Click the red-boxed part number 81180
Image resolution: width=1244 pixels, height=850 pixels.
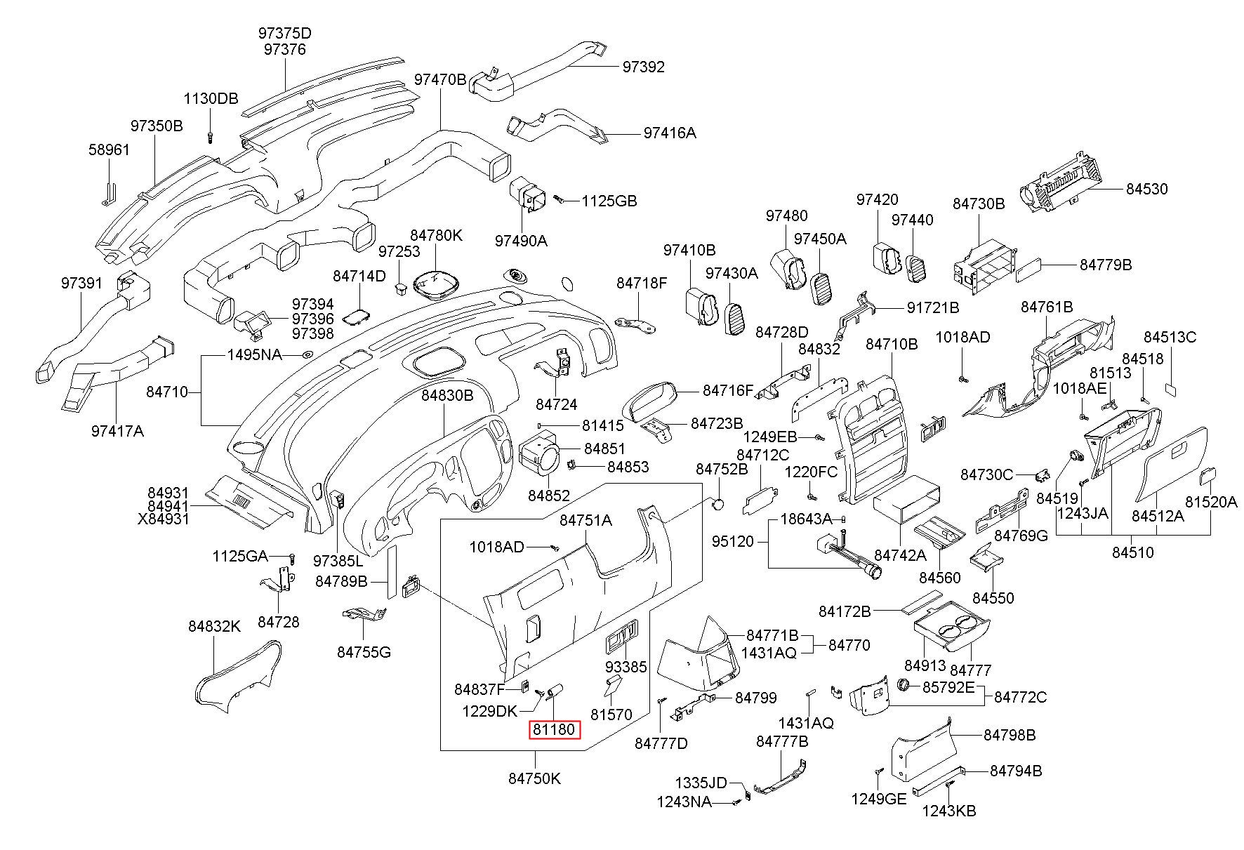pos(554,730)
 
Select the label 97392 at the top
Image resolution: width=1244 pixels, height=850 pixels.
pos(643,67)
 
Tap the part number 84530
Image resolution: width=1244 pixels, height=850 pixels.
pos(1147,189)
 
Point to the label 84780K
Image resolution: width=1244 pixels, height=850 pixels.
pos(436,236)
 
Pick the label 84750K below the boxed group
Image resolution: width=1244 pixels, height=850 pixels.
pos(535,778)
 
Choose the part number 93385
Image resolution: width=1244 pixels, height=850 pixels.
pos(626,666)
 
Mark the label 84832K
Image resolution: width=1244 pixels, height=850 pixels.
pos(214,626)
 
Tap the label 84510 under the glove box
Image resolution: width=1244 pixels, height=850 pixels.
pos(1132,552)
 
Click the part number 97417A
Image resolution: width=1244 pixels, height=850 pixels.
pos(117,431)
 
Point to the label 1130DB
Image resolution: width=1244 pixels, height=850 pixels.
pos(211,98)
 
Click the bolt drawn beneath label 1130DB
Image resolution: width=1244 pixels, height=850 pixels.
pos(210,135)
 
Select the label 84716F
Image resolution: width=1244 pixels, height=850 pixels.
pos(728,390)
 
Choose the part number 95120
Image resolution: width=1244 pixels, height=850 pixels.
pos(733,541)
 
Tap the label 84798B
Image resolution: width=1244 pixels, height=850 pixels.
pos(1010,735)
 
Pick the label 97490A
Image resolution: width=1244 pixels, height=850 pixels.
pos(521,240)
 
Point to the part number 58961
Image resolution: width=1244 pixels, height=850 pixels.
pos(109,150)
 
